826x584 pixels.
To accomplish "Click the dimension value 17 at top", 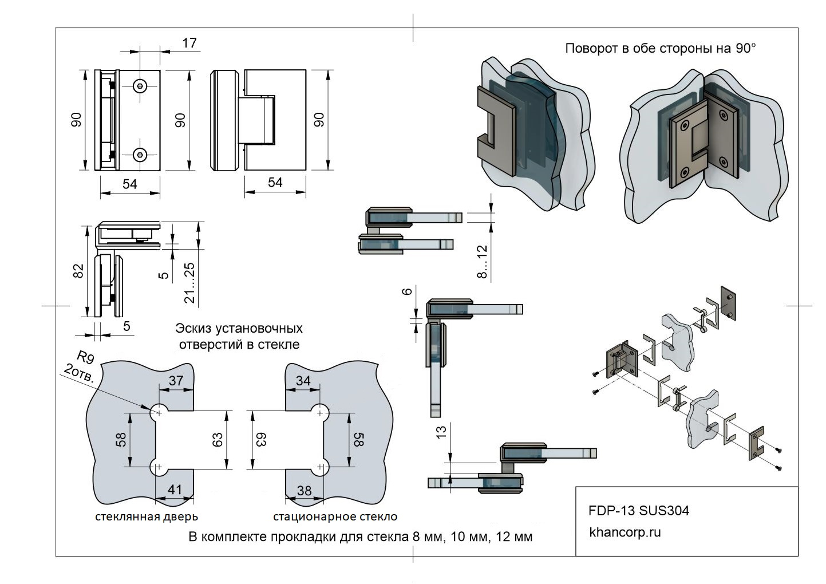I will [x=189, y=42].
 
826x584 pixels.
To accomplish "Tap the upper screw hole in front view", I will [x=140, y=86].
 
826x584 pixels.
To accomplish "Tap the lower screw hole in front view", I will [x=140, y=154].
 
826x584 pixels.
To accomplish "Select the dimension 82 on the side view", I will [x=79, y=270].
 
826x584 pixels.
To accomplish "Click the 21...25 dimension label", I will [x=190, y=283].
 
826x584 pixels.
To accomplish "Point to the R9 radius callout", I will [x=85, y=359].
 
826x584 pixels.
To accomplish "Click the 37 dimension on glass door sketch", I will [x=176, y=380].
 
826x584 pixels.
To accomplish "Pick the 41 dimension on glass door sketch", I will [x=175, y=490].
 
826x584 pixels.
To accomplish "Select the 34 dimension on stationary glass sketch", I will [x=303, y=381].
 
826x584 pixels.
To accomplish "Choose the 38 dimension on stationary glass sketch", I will [x=305, y=490].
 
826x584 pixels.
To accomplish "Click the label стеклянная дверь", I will [x=147, y=517].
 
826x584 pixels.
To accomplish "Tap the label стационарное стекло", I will [x=335, y=517].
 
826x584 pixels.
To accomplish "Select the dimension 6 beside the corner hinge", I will [x=408, y=291].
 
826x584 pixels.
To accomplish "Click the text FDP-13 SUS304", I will [x=639, y=510].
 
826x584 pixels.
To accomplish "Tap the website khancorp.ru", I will [x=625, y=532].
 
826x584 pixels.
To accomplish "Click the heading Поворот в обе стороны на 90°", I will [x=661, y=49].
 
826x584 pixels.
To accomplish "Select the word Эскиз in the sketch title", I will [x=195, y=329].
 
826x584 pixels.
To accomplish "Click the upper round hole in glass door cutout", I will [x=157, y=412].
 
